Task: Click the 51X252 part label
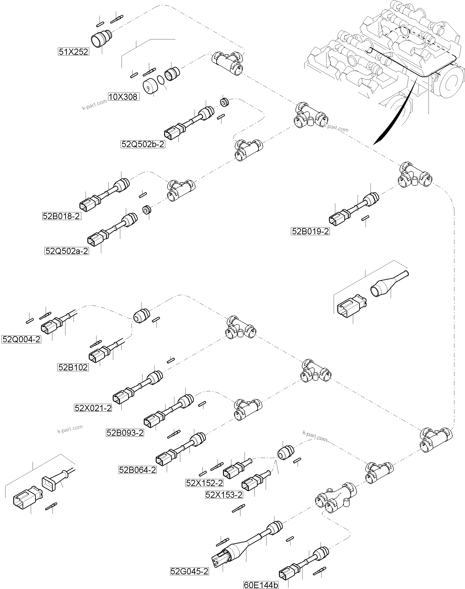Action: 74,51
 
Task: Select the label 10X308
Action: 124,97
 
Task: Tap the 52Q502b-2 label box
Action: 143,144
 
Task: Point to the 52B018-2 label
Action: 62,216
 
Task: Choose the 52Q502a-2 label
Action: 67,251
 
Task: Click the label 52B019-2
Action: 310,231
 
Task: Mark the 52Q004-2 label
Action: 21,339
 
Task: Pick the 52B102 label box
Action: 73,367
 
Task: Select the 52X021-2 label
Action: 93,408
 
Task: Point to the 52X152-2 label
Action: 204,491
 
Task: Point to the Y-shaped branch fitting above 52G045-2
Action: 336,498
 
